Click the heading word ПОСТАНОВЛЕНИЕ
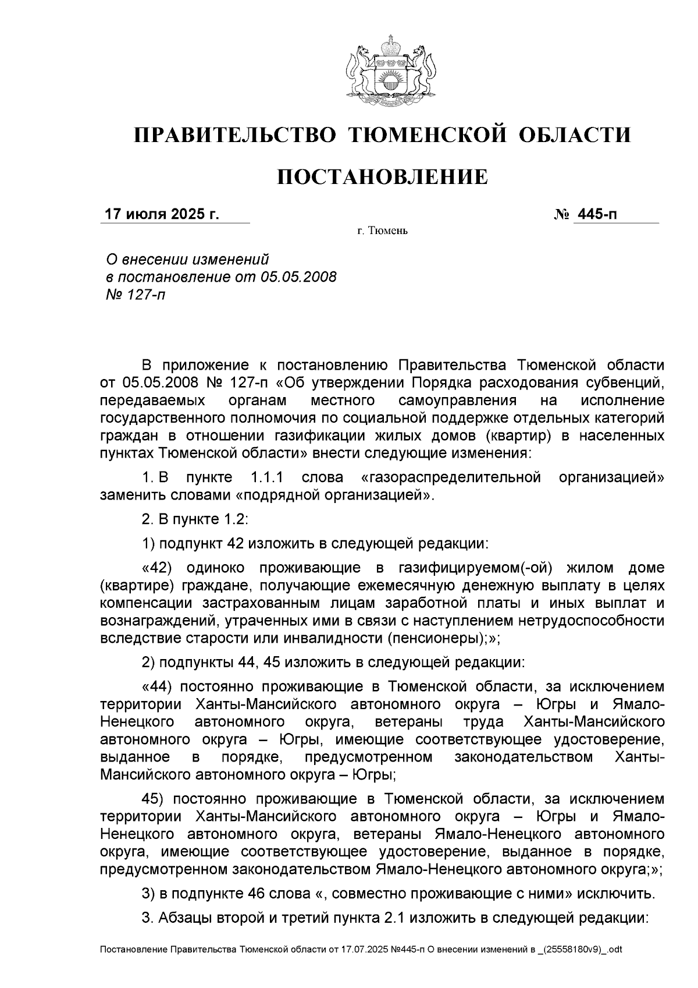click(382, 176)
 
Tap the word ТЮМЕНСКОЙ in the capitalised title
click(426, 135)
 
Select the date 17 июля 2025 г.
click(161, 214)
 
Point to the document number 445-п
click(596, 214)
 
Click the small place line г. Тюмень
click(383, 232)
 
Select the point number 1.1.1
click(266, 478)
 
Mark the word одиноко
click(216, 568)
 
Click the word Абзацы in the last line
click(178, 918)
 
